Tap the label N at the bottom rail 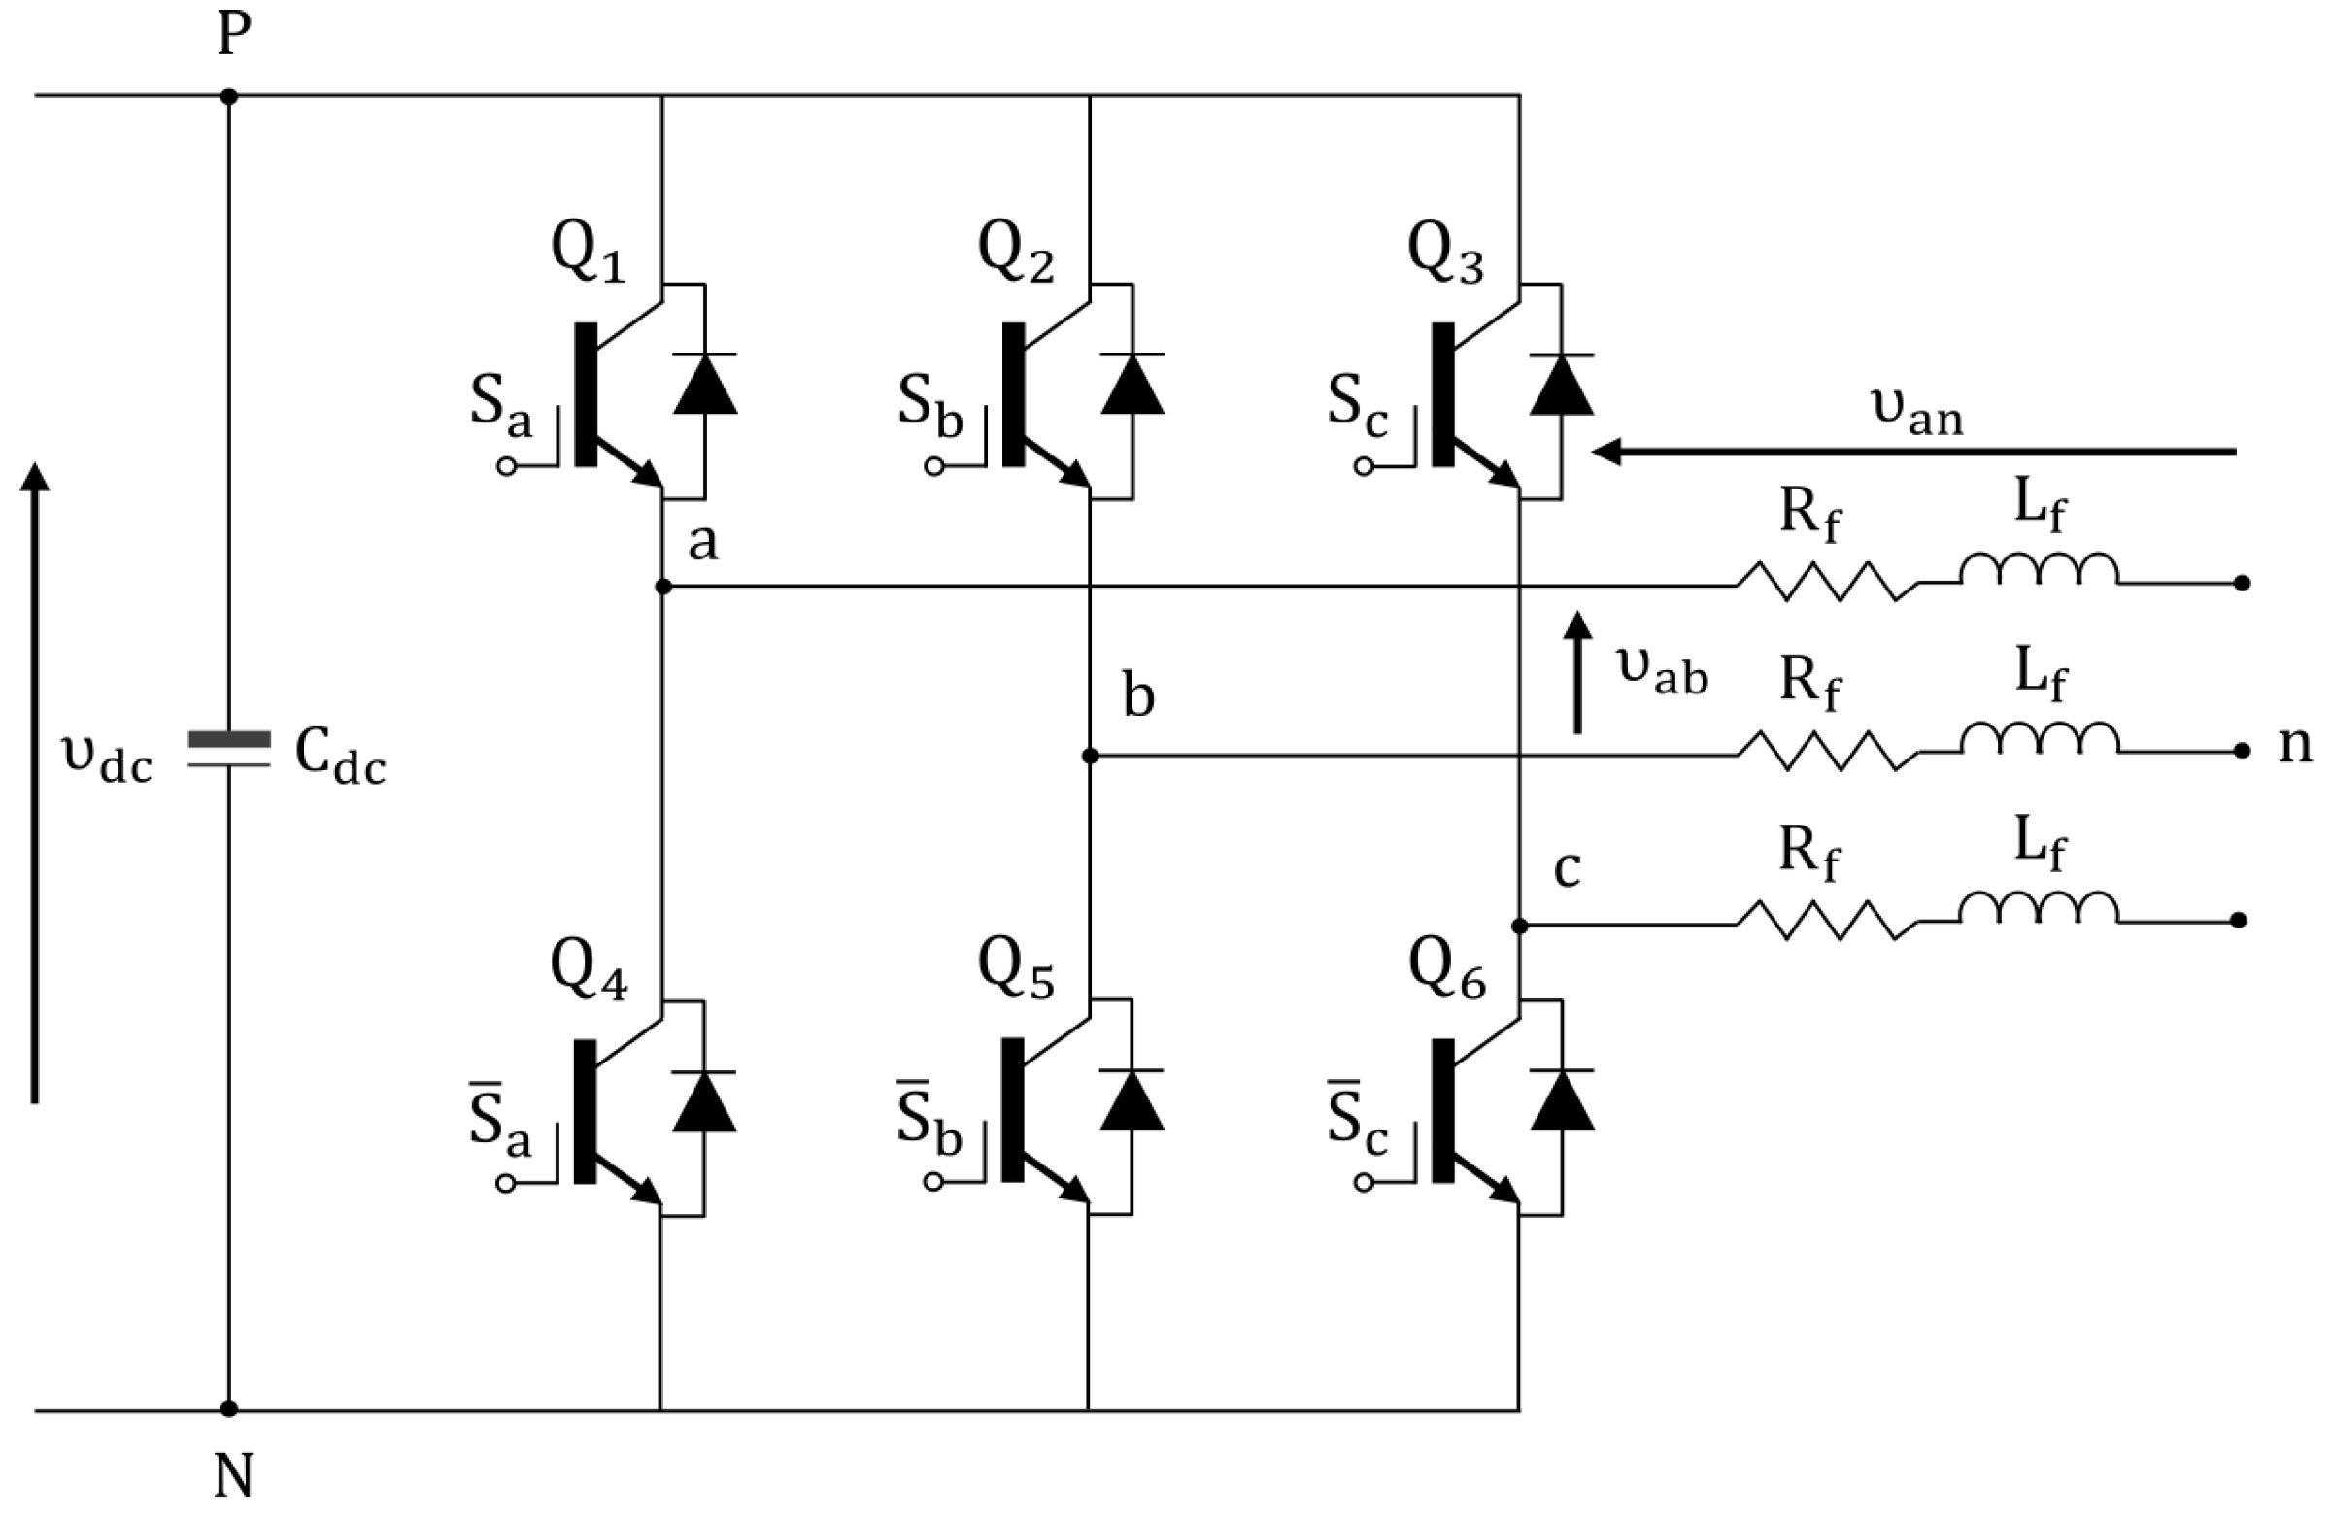coord(233,1476)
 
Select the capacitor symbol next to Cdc coord(229,748)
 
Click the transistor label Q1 coord(588,252)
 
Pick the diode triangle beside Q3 coord(1560,384)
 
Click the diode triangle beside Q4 coord(704,1101)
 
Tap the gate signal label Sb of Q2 coord(929,403)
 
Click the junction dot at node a coord(663,587)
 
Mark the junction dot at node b coord(1090,756)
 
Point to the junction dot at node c coord(1519,926)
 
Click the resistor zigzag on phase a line coord(1828,582)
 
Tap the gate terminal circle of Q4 coord(506,1183)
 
